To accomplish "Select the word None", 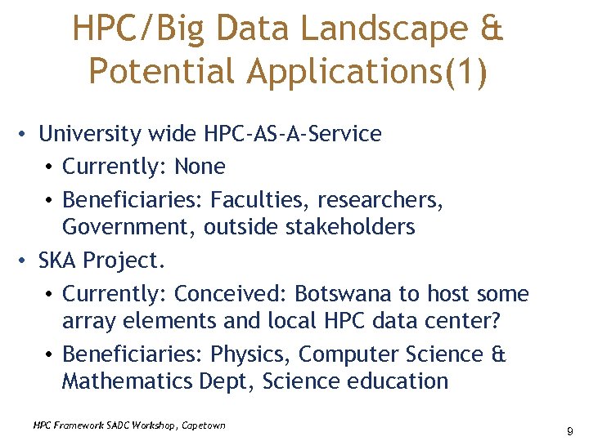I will pyautogui.click(x=200, y=167).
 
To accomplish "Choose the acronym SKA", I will pyautogui.click(x=58, y=261).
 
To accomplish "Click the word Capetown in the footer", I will pyautogui.click(x=200, y=425).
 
